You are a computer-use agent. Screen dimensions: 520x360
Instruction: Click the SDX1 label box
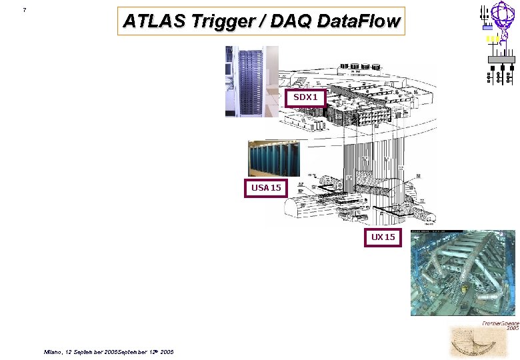(x=307, y=98)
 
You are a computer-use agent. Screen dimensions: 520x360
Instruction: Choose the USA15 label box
(x=266, y=188)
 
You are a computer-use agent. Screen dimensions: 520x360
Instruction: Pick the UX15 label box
(x=383, y=237)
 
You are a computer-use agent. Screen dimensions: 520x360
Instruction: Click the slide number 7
(x=24, y=10)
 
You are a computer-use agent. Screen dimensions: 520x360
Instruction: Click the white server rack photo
(x=251, y=81)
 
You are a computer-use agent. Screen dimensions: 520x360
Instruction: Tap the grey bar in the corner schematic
(x=501, y=60)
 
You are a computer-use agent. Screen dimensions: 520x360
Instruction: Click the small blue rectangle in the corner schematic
(x=487, y=28)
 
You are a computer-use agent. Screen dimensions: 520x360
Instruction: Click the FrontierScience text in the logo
(x=501, y=323)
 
